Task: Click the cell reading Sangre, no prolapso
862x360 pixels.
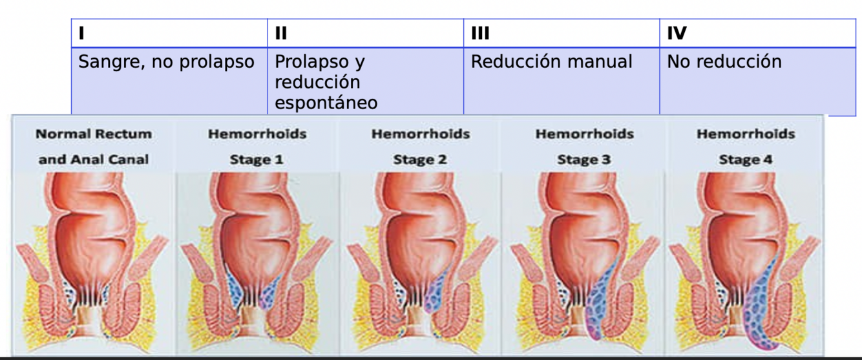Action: tap(166, 62)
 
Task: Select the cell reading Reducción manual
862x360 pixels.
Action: tap(551, 62)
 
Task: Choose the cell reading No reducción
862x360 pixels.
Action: tap(724, 62)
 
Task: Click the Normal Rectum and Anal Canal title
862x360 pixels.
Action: tap(94, 147)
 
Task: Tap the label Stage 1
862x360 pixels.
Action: tap(257, 160)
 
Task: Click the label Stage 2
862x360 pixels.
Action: tap(420, 160)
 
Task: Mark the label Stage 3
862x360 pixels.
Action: tap(583, 160)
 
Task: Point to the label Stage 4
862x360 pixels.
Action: tap(745, 160)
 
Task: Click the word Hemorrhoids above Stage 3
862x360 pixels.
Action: tap(583, 134)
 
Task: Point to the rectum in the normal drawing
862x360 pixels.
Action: tap(90, 226)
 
